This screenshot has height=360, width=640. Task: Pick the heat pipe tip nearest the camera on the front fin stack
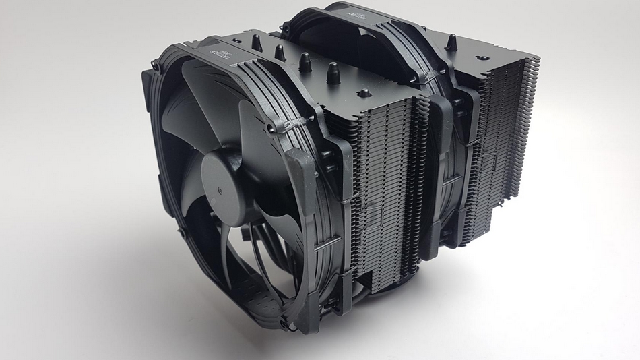(331, 69)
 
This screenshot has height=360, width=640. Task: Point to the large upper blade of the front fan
(195, 121)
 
